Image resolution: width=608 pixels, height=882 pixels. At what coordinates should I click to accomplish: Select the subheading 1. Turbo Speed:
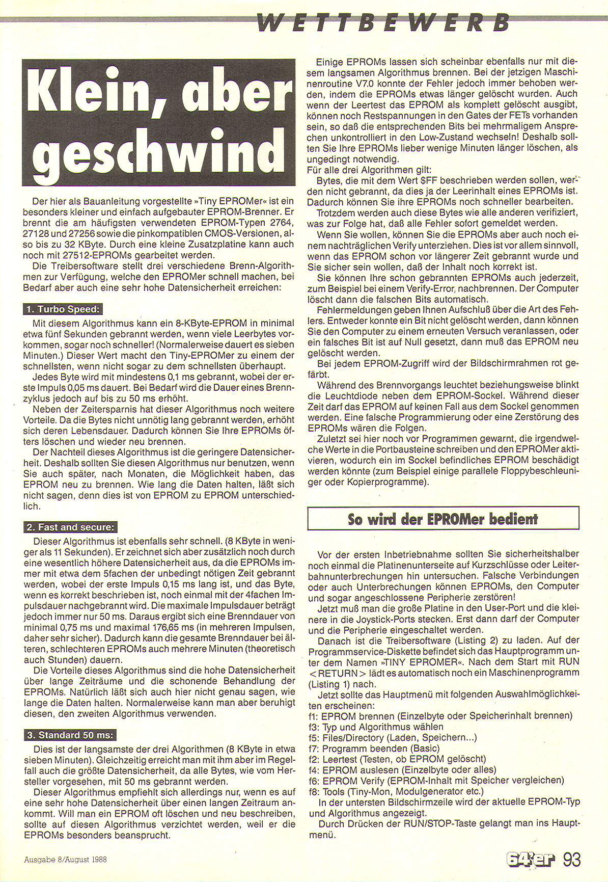[62, 309]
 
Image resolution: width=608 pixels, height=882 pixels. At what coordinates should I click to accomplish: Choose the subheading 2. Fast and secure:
[70, 527]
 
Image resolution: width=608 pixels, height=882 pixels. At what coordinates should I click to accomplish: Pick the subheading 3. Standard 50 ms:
[70, 735]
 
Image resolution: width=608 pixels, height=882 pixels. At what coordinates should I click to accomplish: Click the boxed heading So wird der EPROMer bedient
[443, 519]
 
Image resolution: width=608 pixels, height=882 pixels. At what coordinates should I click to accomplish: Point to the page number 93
[572, 860]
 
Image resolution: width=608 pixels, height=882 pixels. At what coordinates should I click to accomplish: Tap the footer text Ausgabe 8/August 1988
[65, 859]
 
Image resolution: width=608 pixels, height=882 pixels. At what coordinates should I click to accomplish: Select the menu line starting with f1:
[440, 716]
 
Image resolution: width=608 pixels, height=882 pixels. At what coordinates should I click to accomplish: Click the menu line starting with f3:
[376, 727]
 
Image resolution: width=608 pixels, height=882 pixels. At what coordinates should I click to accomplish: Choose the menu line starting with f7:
[374, 748]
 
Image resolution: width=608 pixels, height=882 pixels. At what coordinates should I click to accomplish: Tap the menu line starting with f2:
[397, 759]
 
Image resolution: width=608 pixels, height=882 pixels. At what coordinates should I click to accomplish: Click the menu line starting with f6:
[436, 781]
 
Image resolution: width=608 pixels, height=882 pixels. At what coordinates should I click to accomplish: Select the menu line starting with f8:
[395, 791]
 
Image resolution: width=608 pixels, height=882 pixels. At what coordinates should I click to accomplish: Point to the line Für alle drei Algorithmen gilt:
[370, 170]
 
